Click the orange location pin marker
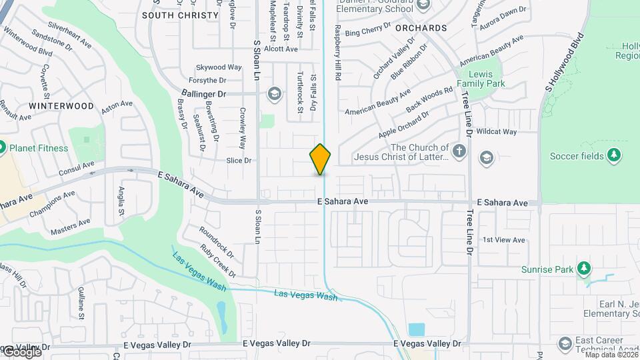321,159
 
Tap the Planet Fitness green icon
1,147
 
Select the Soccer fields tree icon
614,156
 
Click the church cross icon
459,151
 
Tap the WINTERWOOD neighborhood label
61,106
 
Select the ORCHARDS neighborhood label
421,28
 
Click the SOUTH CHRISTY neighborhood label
180,15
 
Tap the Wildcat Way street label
497,132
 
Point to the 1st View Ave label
504,240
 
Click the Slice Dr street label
238,160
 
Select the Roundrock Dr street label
217,242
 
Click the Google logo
21,352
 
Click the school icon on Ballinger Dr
273,93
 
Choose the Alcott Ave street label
281,49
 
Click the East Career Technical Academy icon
565,343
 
